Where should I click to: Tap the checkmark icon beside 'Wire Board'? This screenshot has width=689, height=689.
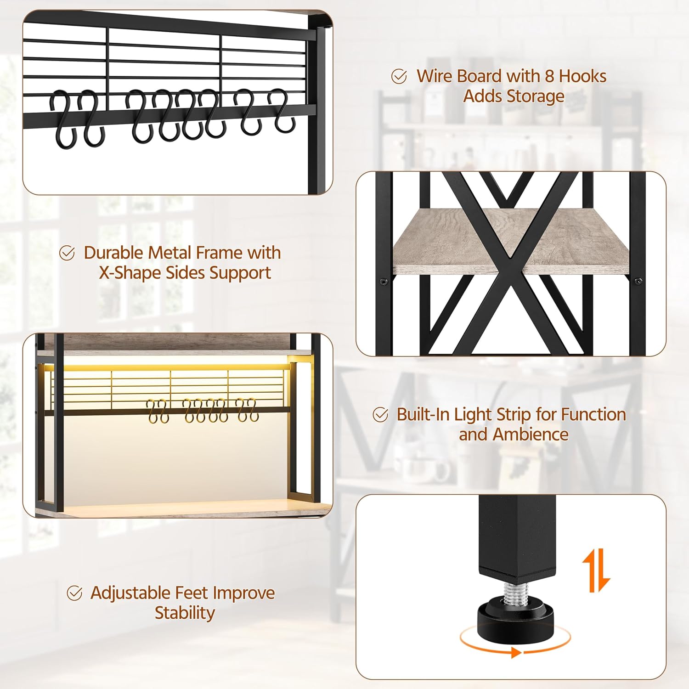pyautogui.click(x=399, y=76)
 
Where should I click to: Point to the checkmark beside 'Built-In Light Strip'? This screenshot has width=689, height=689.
pyautogui.click(x=380, y=415)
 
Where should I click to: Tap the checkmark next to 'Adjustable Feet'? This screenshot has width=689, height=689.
pyautogui.click(x=74, y=593)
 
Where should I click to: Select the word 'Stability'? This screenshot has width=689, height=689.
pyautogui.click(x=185, y=613)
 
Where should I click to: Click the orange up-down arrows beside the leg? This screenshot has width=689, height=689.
pyautogui.click(x=596, y=571)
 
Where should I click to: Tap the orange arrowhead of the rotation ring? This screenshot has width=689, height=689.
pyautogui.click(x=516, y=652)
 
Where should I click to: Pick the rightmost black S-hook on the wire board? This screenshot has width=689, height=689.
pyautogui.click(x=281, y=111)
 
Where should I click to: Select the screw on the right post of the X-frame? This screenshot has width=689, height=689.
pyautogui.click(x=638, y=281)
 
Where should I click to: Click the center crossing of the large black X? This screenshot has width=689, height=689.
pyautogui.click(x=507, y=265)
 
